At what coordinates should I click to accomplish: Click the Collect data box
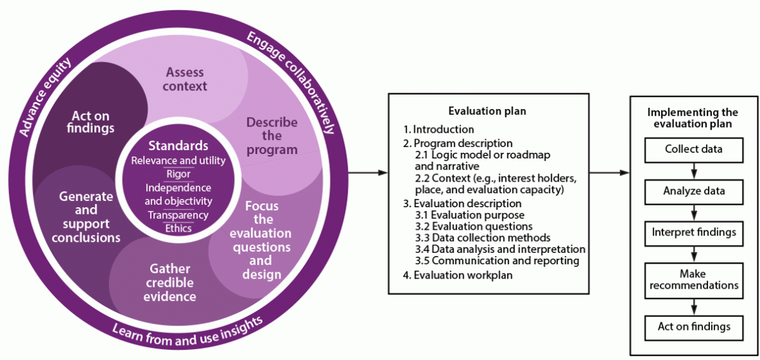693,150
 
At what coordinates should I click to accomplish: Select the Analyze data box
693,191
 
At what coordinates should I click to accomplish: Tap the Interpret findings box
693,232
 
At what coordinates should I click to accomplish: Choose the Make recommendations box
693,279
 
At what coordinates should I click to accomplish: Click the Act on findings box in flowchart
693,327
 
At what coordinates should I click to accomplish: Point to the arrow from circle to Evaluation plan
369,173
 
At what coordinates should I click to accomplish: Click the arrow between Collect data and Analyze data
694,171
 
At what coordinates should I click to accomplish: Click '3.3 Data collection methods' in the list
490,237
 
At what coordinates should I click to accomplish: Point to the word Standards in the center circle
178,146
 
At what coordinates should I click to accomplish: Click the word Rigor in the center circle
178,174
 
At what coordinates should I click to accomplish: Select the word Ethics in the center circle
178,228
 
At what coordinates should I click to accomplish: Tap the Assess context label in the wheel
186,79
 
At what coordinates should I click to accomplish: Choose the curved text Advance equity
45,96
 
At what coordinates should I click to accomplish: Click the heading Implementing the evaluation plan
693,118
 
